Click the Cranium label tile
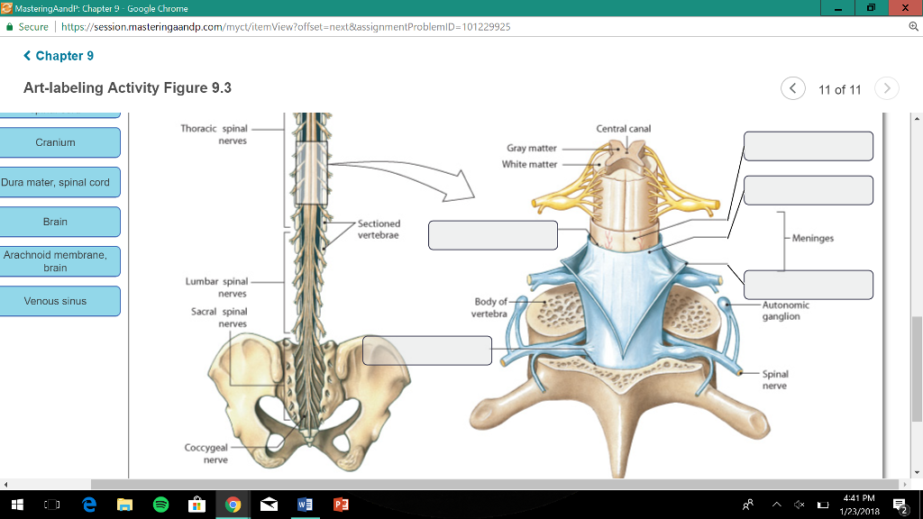pos(56,142)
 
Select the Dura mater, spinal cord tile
pos(56,182)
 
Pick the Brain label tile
pos(56,222)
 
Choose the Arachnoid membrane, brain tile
pos(56,261)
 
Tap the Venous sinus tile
pos(56,301)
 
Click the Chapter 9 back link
pos(59,56)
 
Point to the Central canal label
pos(623,129)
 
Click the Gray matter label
pos(532,148)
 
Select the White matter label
pos(530,164)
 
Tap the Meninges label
pos(813,238)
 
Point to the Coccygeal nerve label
pos(206,453)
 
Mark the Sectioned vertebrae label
pos(379,229)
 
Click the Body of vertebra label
pos(489,307)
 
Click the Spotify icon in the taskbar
pos(160,505)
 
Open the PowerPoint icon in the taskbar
pos(339,505)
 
